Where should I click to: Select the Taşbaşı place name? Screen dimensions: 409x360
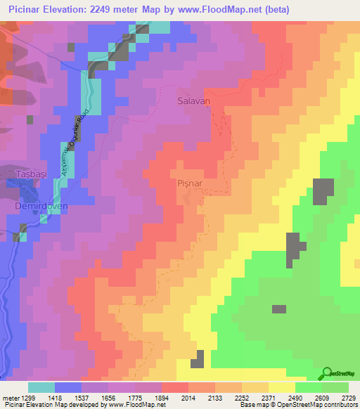tap(31, 174)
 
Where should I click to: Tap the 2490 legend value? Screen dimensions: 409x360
tap(296, 397)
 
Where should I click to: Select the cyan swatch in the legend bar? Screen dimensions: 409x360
tap(41, 387)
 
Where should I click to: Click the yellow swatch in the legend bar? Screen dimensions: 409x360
tap(282, 387)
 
